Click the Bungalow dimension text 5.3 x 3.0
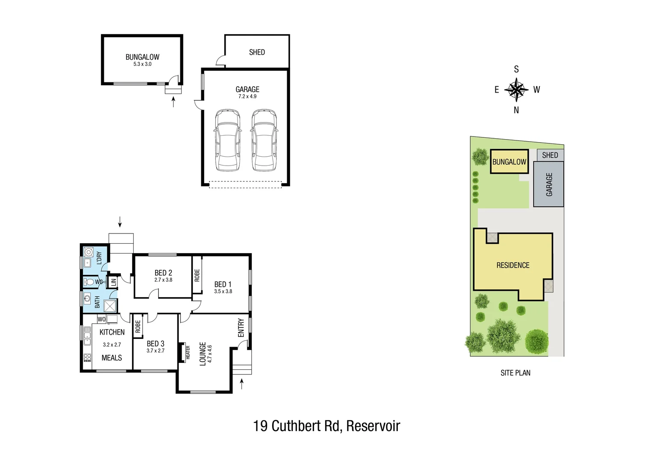point(142,64)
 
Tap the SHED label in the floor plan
point(257,52)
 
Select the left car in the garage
point(227,140)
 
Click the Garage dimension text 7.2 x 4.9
point(247,96)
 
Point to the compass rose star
point(516,90)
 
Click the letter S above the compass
point(516,69)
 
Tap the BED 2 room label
point(163,273)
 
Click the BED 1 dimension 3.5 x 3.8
point(223,292)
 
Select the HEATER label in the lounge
point(188,353)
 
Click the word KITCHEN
point(112,332)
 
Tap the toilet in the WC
point(89,282)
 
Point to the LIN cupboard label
point(114,282)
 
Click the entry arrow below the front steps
point(242,384)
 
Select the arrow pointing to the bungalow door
point(173,102)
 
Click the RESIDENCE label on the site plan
point(513,265)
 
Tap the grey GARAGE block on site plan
point(549,184)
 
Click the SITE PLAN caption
point(515,373)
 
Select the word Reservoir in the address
point(373,426)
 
